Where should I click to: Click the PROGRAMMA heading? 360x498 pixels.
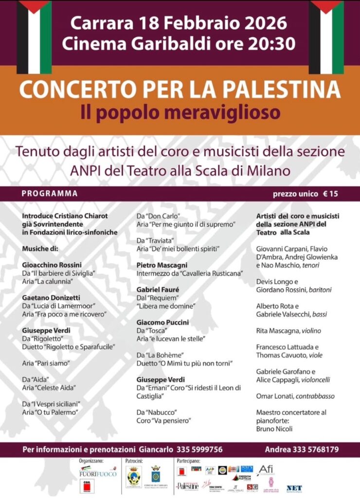[50, 194]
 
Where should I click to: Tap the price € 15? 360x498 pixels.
[331, 194]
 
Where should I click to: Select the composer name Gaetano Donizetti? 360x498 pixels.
[51, 297]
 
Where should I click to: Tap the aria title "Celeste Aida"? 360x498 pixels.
[58, 388]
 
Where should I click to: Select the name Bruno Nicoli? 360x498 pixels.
[274, 429]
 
